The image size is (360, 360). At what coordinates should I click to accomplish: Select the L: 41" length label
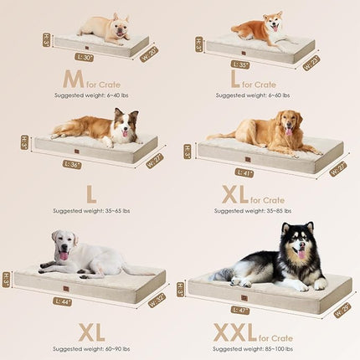click(x=243, y=172)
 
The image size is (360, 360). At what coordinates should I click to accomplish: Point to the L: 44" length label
click(x=64, y=301)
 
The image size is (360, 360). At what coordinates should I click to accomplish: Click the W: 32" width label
click(x=156, y=299)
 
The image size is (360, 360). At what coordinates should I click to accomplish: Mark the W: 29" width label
click(x=342, y=309)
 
